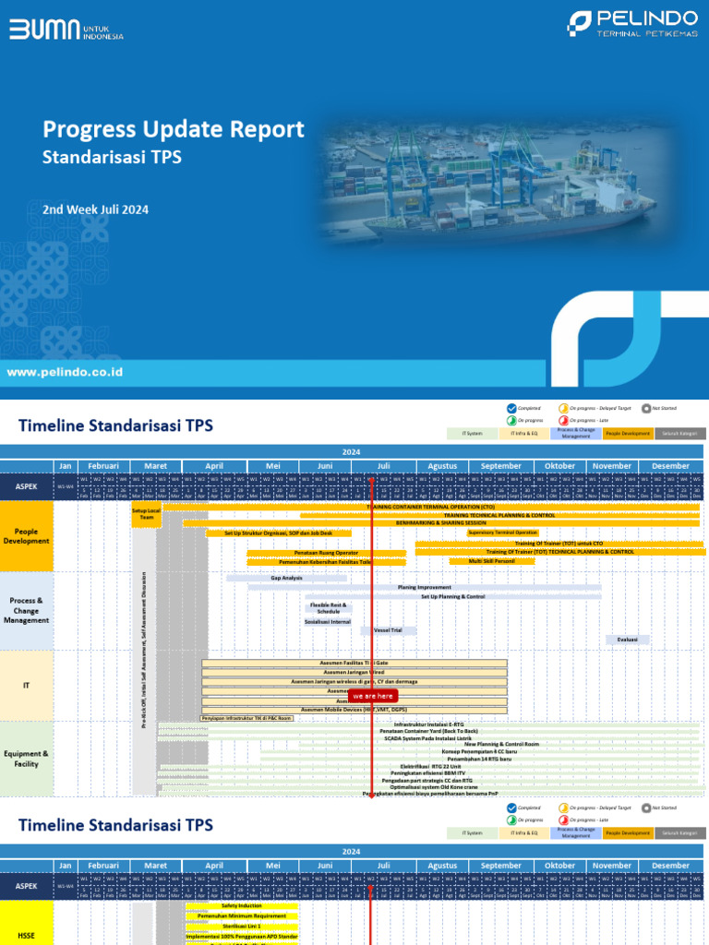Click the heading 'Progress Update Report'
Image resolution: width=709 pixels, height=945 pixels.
point(174,129)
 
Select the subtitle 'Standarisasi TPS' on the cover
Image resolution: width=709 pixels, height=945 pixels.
point(112,158)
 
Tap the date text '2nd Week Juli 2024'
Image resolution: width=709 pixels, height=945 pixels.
point(95,209)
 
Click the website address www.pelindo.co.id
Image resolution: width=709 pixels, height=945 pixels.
point(65,372)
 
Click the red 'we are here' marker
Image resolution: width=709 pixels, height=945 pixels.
point(373,696)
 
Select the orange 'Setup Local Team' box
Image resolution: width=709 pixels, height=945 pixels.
point(147,515)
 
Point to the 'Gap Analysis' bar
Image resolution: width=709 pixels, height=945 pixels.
point(286,578)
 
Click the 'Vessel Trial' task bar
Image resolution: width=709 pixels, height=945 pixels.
point(388,630)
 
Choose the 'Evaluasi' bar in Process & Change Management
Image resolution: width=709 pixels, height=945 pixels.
point(628,640)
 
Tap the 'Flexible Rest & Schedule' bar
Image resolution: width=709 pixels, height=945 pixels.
point(329,608)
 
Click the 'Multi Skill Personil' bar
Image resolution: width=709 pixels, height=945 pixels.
point(491,561)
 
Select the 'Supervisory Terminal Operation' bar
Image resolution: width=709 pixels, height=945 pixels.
point(502,532)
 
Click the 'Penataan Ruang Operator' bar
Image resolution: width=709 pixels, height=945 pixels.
point(326,552)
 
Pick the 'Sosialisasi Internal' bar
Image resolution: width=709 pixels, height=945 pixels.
point(328,622)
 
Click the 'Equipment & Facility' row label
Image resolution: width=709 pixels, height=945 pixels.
point(27,759)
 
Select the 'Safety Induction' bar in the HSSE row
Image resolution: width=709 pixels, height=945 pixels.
point(242,906)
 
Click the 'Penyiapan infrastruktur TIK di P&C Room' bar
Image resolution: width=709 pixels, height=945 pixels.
point(246,718)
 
